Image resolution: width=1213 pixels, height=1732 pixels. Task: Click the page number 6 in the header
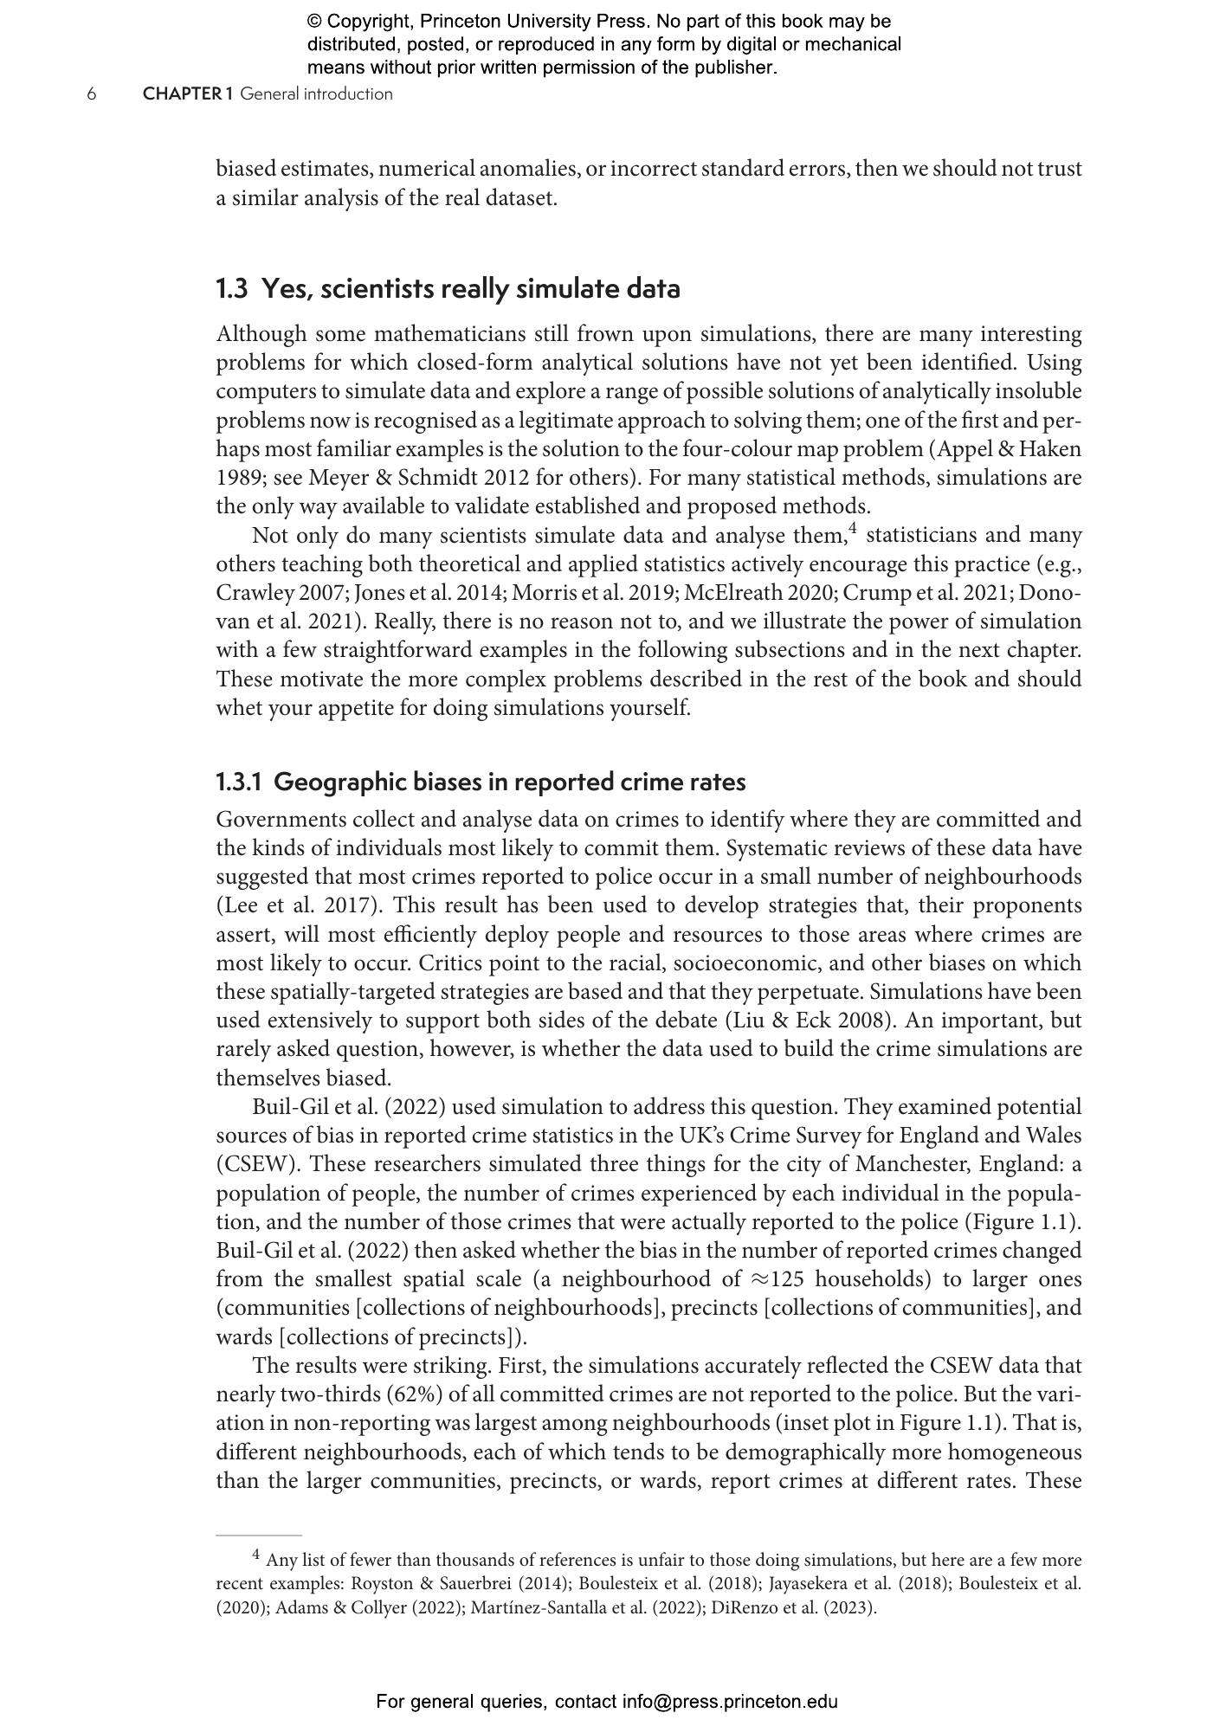91,94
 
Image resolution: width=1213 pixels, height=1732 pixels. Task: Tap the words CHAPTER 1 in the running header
188,94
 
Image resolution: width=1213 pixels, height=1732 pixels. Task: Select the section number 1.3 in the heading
231,288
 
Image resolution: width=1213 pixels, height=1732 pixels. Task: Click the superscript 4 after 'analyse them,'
852,529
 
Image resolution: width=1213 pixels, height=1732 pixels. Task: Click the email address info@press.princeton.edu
729,1702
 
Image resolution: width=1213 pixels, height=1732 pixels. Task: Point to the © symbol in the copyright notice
314,22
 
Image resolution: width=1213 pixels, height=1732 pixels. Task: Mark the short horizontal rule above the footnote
258,1535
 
